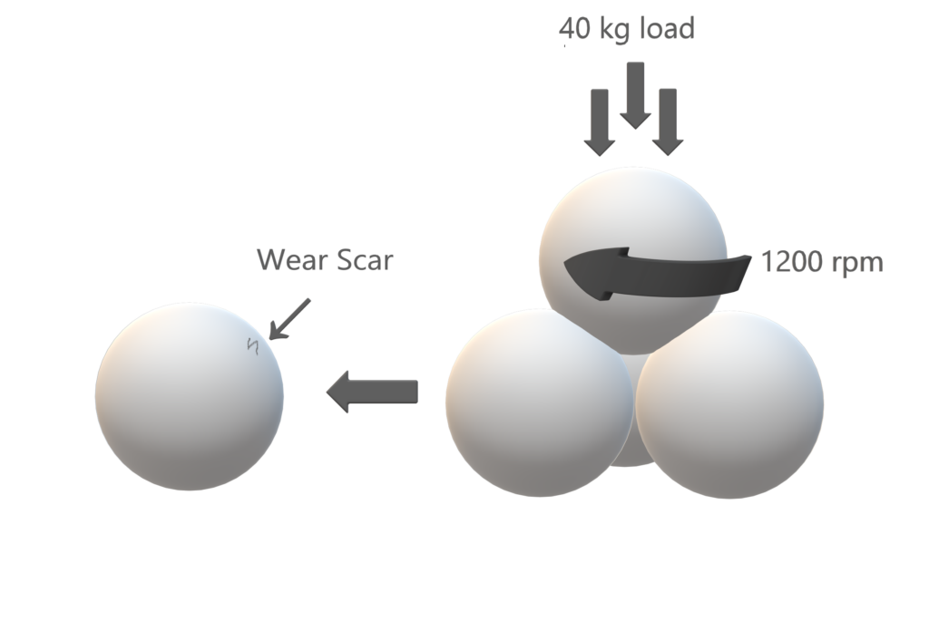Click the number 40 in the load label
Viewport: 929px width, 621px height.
coord(574,30)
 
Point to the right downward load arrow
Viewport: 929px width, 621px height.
coord(668,121)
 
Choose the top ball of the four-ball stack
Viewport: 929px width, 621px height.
coord(632,218)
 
